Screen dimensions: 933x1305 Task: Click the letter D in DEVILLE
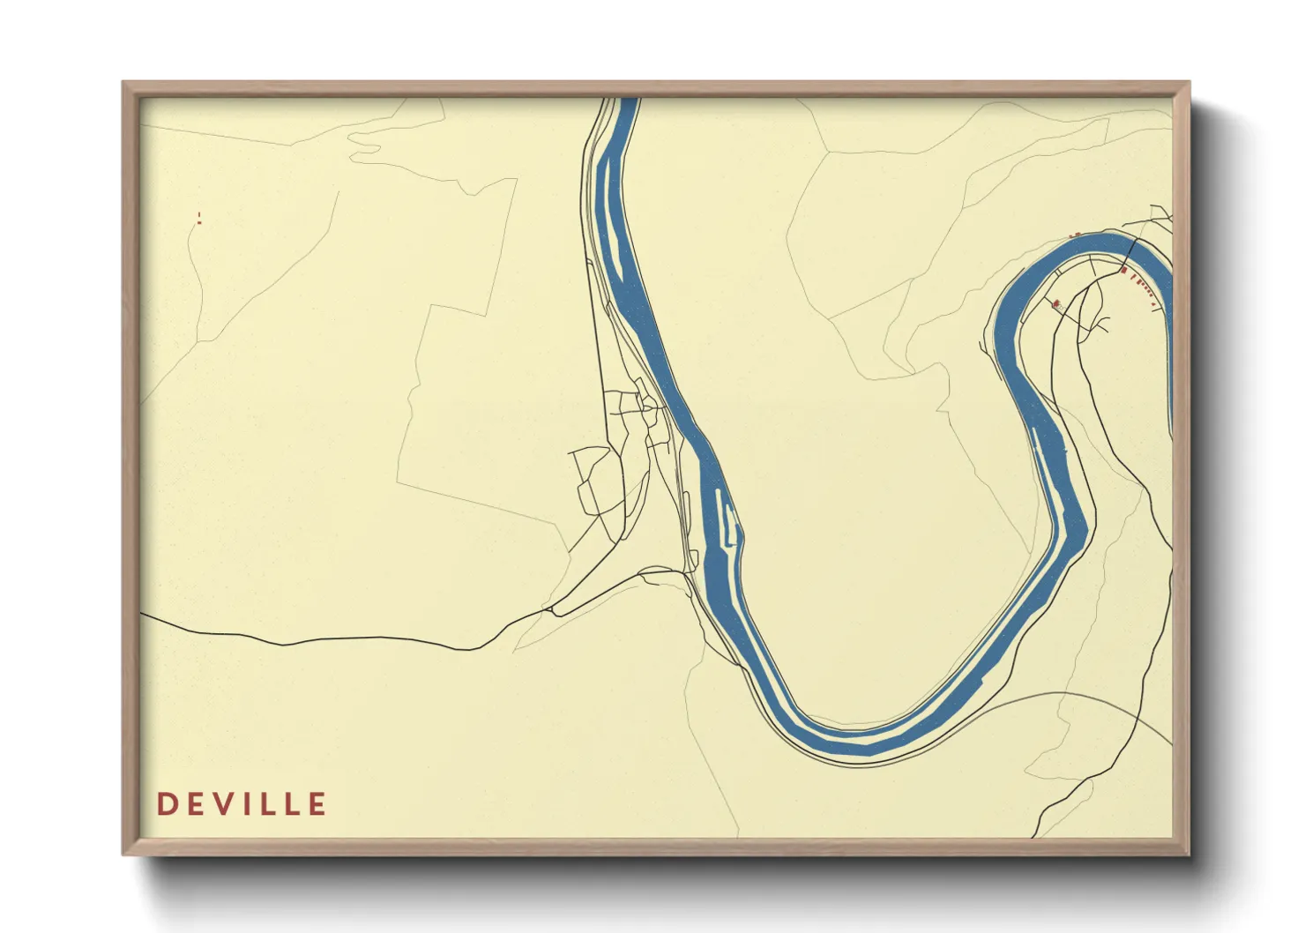click(166, 804)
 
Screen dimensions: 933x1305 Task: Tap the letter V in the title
click(217, 804)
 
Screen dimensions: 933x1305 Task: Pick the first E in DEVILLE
click(191, 804)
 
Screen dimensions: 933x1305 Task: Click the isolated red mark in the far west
click(199, 218)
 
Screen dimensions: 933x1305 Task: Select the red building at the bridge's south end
click(1124, 270)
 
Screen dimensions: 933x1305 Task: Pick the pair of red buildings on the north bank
click(1074, 235)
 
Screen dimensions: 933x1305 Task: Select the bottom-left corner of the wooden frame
click(124, 854)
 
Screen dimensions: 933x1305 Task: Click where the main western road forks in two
click(550, 608)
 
